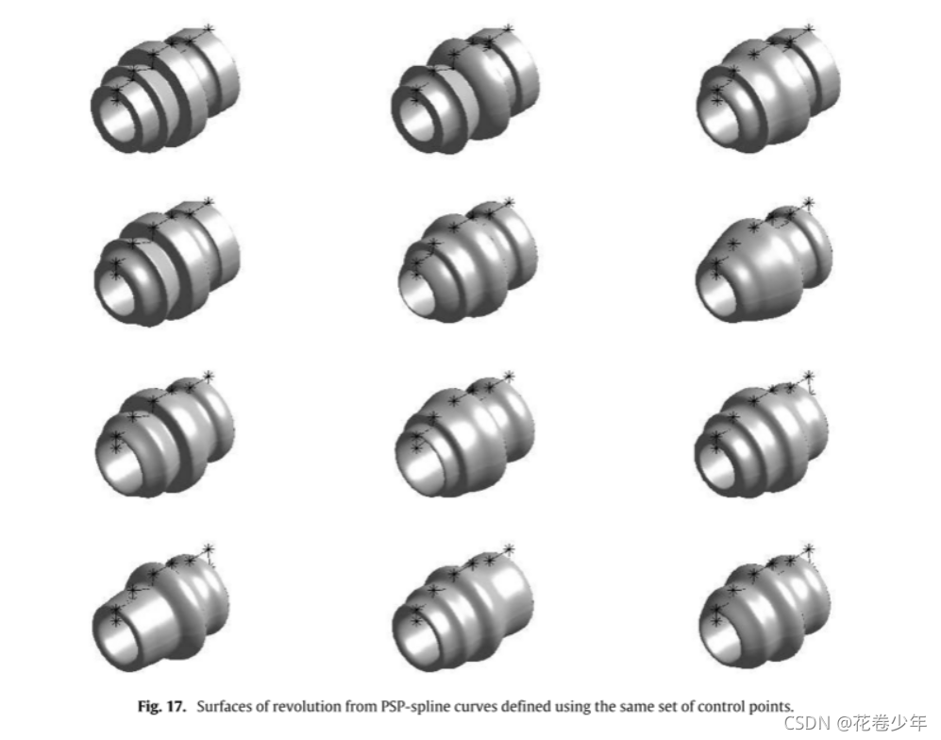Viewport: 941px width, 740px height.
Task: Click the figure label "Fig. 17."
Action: click(x=161, y=706)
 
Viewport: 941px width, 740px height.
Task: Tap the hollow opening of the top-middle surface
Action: click(x=418, y=118)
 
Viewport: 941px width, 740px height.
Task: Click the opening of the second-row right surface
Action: click(x=717, y=295)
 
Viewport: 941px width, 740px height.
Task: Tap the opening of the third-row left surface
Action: click(x=119, y=467)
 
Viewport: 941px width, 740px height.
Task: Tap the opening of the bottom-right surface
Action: click(x=720, y=641)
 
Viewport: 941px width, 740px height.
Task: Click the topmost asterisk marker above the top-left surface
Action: click(x=209, y=29)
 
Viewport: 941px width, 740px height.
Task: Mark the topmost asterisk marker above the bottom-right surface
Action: click(x=809, y=549)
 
